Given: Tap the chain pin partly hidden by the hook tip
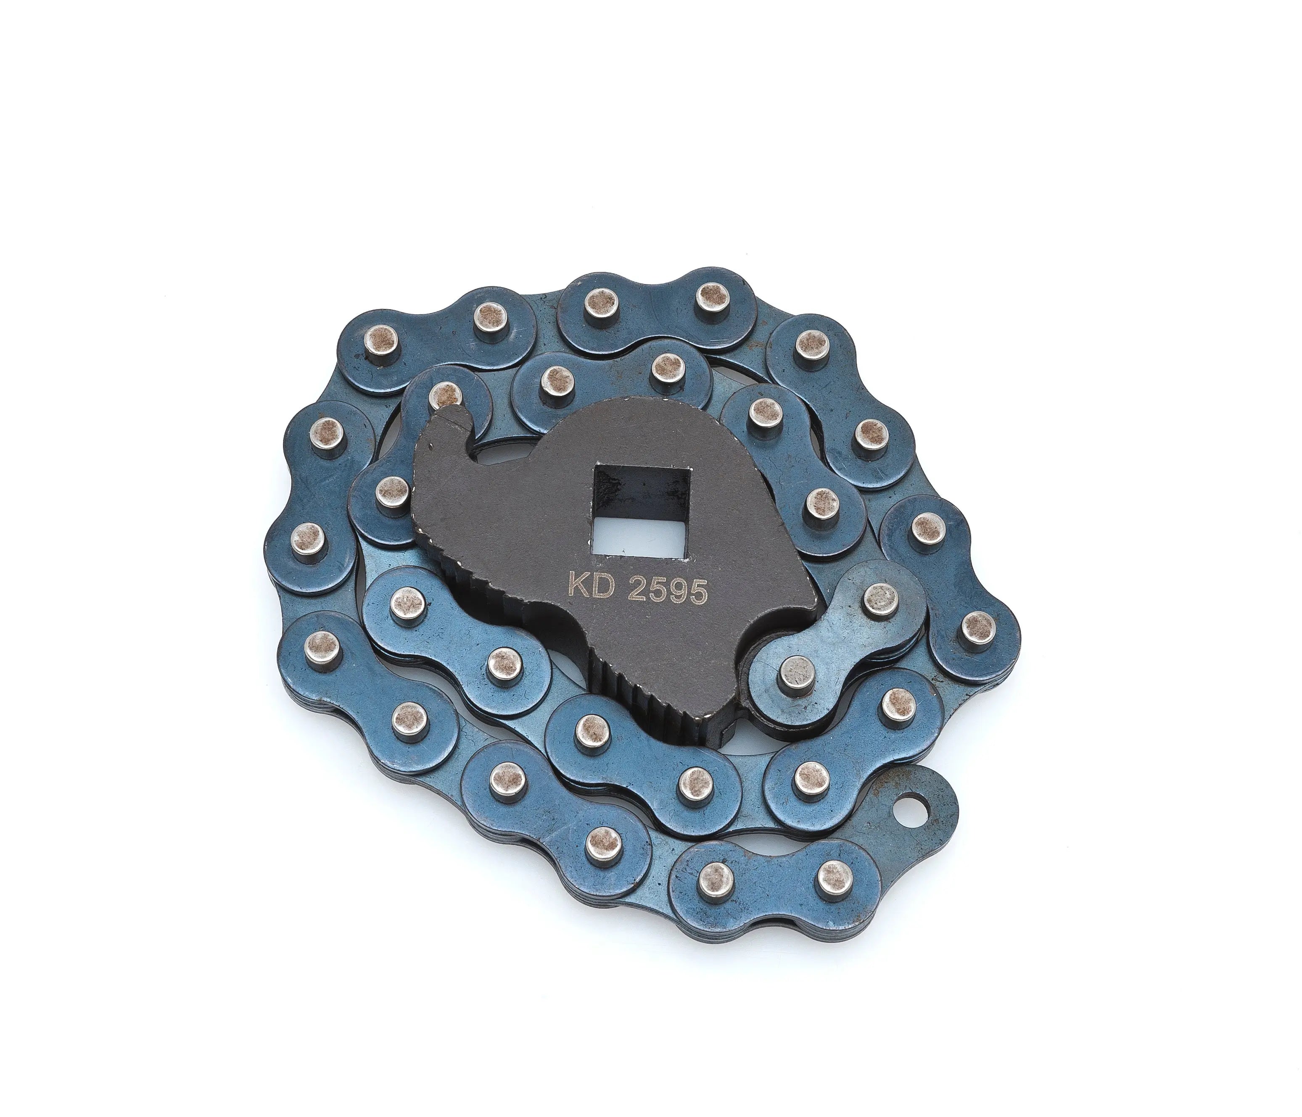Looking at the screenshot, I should point(445,393).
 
